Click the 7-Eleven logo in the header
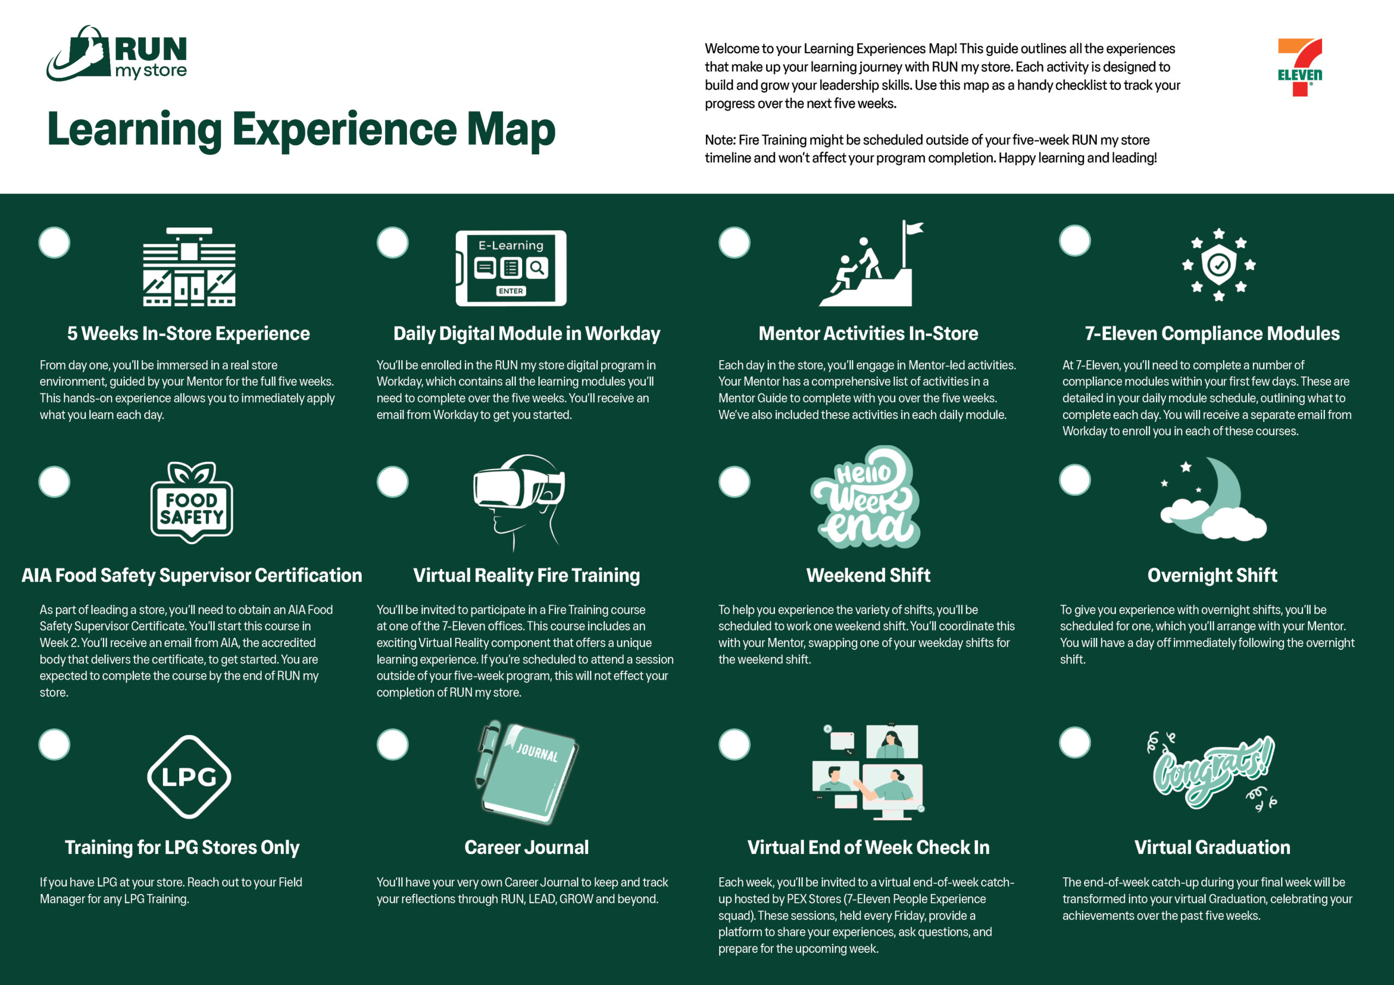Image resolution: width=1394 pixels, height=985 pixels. click(1300, 67)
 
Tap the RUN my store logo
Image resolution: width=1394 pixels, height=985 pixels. click(117, 53)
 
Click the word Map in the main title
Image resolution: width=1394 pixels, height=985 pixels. click(510, 130)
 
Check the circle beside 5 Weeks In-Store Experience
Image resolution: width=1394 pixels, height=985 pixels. click(54, 243)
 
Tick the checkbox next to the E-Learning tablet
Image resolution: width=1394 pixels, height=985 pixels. click(392, 243)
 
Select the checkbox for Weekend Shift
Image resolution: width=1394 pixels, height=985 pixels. click(734, 482)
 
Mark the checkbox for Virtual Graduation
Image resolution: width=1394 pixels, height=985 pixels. click(1075, 742)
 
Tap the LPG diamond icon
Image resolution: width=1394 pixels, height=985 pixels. click(189, 777)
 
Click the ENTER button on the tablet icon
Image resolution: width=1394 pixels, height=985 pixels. click(511, 291)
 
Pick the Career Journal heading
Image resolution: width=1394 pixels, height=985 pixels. click(527, 847)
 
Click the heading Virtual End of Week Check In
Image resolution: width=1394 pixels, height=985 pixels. click(868, 847)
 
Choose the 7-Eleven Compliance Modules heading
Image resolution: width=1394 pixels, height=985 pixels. click(1212, 333)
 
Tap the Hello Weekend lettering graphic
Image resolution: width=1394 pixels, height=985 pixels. click(866, 497)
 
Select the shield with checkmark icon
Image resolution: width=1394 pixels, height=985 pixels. click(1219, 265)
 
